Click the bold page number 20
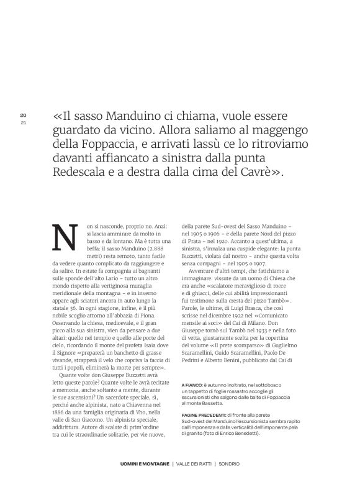click(x=22, y=115)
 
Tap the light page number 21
click(x=22, y=122)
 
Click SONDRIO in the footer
click(x=227, y=481)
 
